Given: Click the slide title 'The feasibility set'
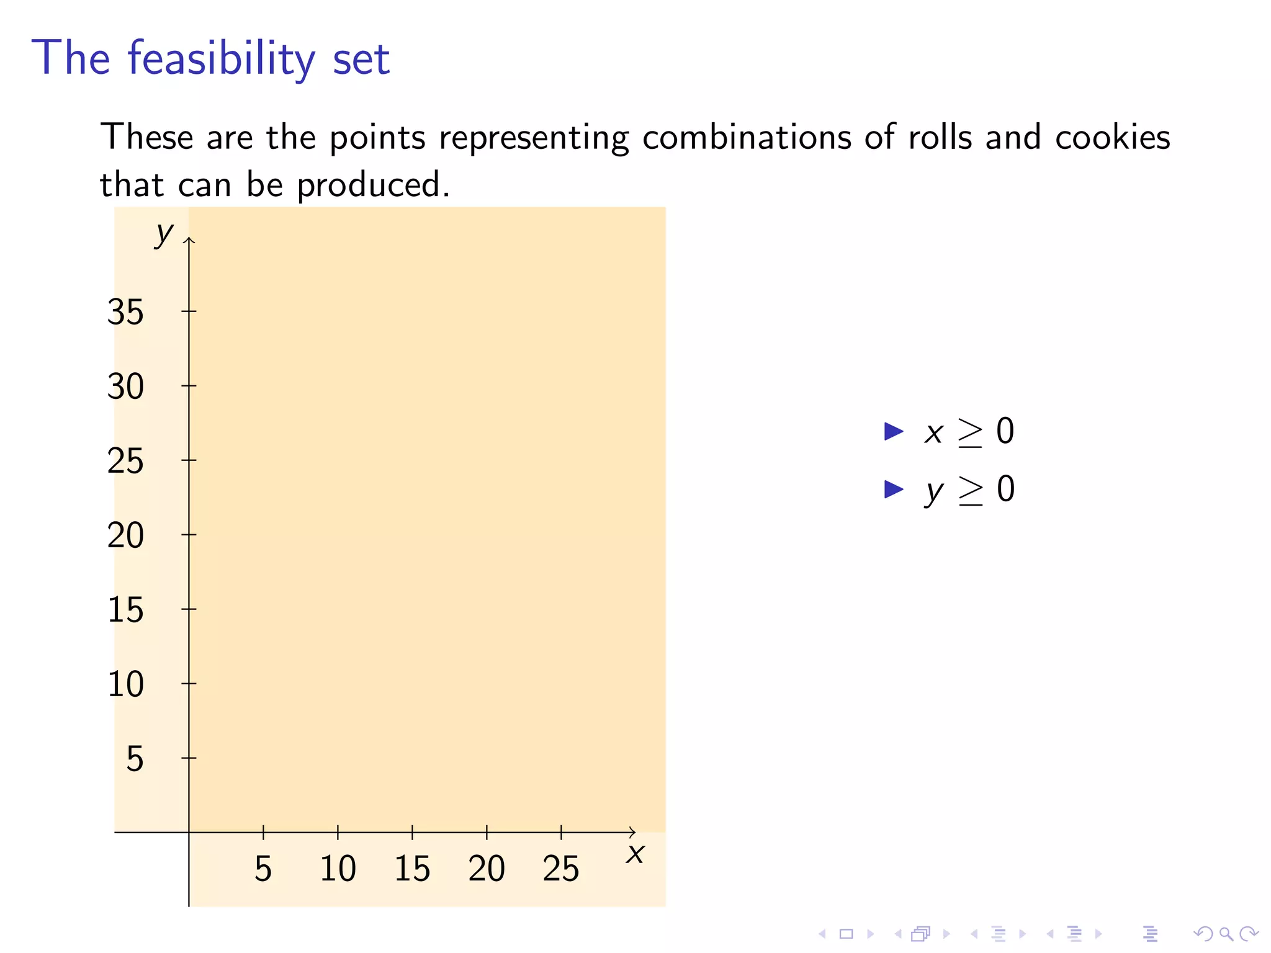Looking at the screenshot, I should tap(210, 58).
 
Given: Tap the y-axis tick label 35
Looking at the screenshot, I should tap(125, 312).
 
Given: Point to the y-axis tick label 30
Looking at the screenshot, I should tap(125, 387).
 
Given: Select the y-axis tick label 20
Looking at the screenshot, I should tap(125, 535).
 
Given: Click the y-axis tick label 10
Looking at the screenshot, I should tap(125, 684).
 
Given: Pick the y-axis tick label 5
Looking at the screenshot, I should tap(135, 759).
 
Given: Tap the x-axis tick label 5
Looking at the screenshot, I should tap(263, 869).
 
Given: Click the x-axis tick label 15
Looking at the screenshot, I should tap(412, 869).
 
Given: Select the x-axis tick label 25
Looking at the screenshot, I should tap(561, 869).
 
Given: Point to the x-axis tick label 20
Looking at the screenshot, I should tap(487, 869).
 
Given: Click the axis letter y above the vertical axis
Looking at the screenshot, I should tap(164, 234).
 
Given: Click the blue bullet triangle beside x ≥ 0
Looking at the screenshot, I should tap(893, 431).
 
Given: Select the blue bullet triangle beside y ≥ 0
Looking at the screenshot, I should tap(893, 490).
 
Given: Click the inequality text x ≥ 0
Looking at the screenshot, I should tap(969, 431).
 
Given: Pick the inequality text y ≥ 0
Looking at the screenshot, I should tap(971, 490).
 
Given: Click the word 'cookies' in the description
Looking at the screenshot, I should tap(1112, 137).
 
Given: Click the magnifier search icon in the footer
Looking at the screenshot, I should tap(1226, 934).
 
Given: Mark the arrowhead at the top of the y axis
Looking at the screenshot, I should tap(189, 239).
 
